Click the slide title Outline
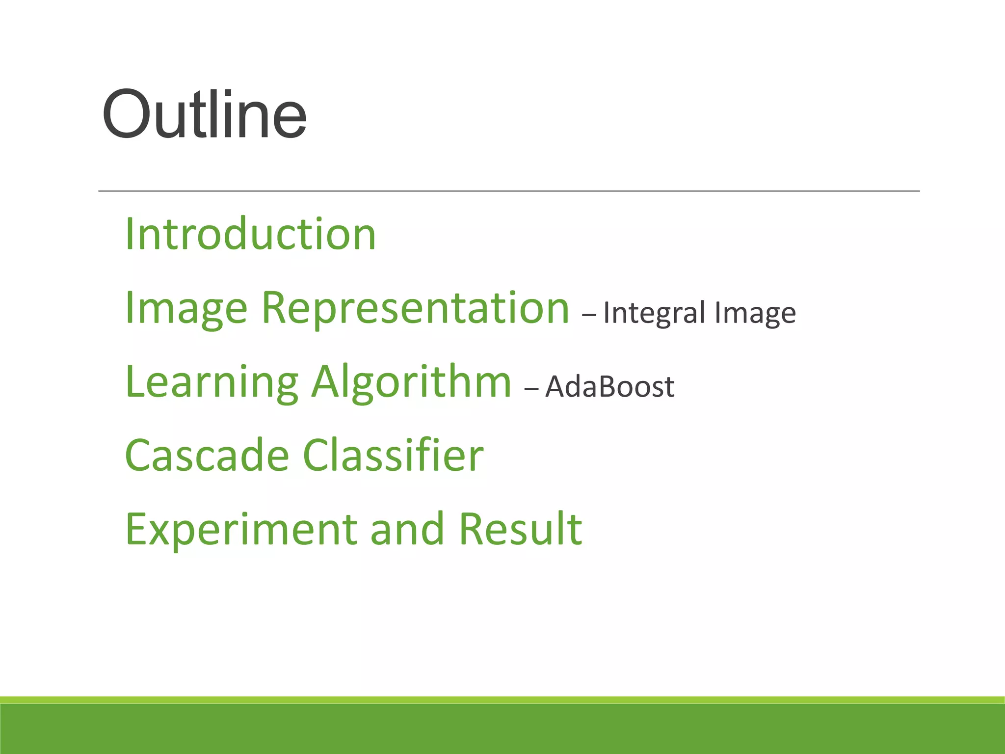point(204,115)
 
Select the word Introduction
point(250,234)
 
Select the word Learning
point(212,383)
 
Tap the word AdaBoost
point(610,386)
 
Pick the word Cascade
point(207,456)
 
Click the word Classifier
point(393,456)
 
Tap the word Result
point(520,529)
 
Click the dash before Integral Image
point(589,315)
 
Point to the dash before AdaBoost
point(531,388)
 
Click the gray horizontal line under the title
point(508,190)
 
